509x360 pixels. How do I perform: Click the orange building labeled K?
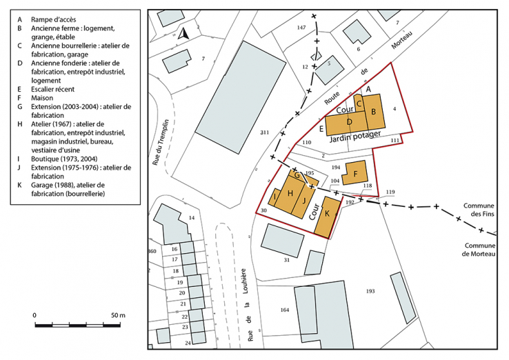pos(328,214)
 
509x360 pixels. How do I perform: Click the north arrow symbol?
pos(183,32)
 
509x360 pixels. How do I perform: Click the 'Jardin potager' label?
pos(355,136)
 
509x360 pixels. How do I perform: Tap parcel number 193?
pos(370,291)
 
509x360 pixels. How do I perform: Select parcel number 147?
pos(301,27)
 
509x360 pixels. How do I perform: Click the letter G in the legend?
pos(21,107)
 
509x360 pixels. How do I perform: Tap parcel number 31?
pos(287,259)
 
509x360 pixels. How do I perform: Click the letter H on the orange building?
pos(290,193)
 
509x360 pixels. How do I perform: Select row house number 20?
pos(180,293)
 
